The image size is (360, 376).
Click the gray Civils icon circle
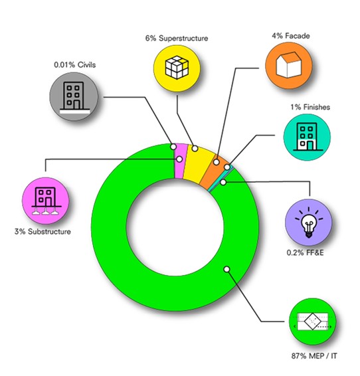74,96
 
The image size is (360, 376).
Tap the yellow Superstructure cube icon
177,68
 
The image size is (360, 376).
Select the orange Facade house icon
288,66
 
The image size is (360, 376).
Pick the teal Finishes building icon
307,137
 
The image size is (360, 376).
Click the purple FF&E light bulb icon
309,223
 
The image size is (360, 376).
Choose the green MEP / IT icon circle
313,322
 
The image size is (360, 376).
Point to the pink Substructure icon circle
46,201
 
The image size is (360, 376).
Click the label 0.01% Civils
75,64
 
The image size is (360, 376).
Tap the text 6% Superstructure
177,39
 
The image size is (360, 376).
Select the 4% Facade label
290,36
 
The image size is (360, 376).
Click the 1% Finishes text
310,107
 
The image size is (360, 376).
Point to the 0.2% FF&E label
305,252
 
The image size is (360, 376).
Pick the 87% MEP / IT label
314,356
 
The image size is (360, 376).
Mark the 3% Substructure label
43,232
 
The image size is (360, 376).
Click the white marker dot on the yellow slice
195,148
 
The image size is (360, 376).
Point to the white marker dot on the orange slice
216,162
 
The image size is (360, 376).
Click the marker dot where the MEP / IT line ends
226,269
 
